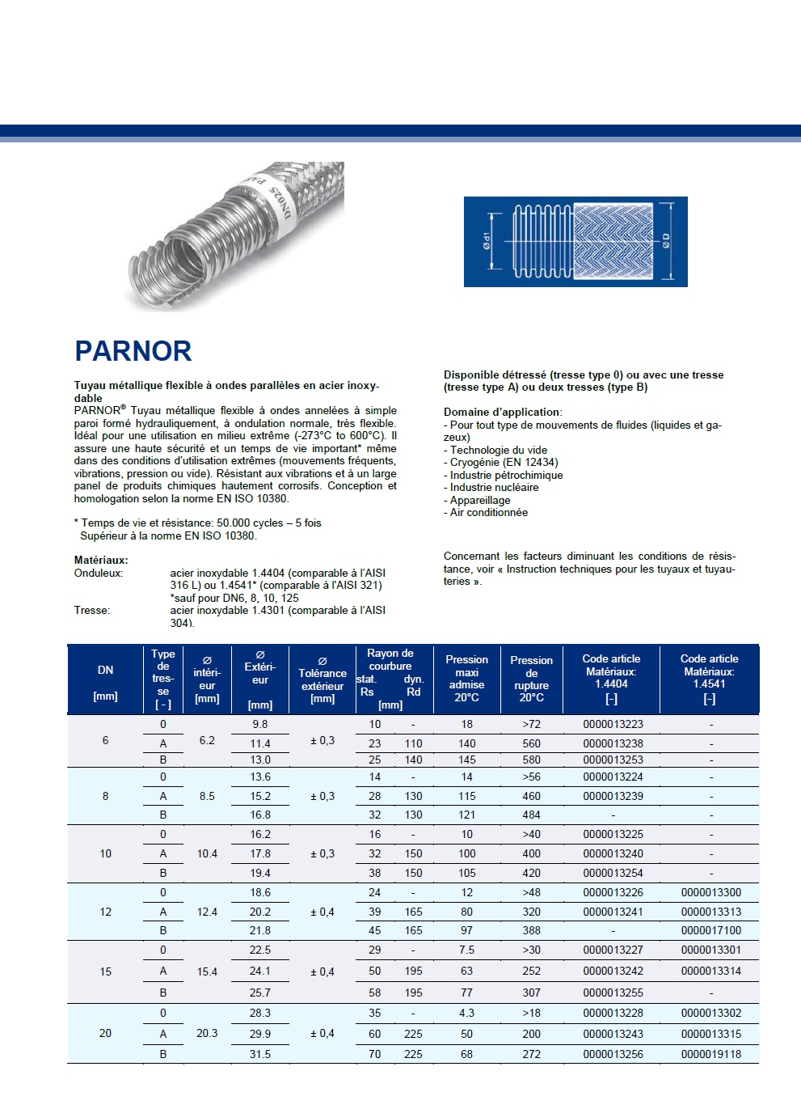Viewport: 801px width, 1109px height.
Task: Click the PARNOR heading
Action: pos(133,351)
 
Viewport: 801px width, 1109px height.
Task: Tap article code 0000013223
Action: pos(613,725)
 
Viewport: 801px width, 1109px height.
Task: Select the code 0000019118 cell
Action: pos(710,1054)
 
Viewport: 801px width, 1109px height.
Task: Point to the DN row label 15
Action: pos(105,971)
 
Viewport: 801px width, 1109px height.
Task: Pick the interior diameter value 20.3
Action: pos(207,1033)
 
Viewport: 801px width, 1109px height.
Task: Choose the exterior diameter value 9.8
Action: pos(259,725)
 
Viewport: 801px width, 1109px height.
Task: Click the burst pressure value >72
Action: pos(531,725)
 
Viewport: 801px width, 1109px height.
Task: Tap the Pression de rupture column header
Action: pos(531,679)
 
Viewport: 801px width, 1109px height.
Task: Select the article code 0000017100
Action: pos(710,931)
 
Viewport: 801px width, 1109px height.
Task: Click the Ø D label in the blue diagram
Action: pos(666,240)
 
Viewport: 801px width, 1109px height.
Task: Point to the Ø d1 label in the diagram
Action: pos(487,240)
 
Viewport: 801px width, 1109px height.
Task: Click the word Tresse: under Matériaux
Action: pos(92,611)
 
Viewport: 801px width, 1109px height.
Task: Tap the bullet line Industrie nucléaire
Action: pos(494,487)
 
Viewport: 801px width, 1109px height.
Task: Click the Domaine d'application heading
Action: pos(502,412)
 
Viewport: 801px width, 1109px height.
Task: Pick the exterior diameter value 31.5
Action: pos(259,1054)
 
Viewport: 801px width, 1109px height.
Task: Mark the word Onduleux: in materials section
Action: pos(99,573)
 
